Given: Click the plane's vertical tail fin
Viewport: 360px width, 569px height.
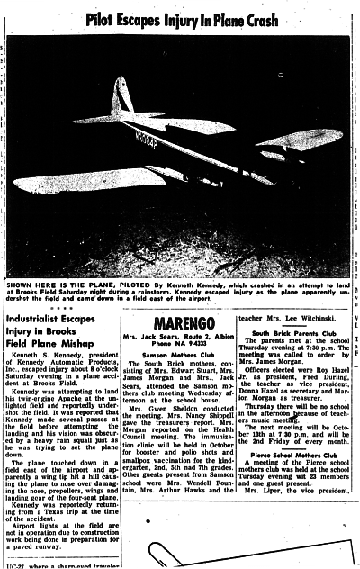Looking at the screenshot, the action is coord(120,96).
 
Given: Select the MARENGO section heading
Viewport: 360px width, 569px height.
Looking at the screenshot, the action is coord(182,321).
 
